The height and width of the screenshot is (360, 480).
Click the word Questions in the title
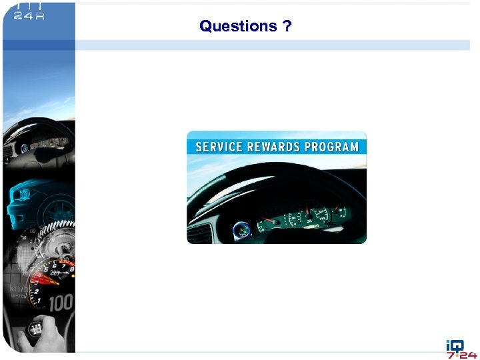pyautogui.click(x=238, y=27)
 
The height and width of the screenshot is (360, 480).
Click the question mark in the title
pyautogui.click(x=286, y=27)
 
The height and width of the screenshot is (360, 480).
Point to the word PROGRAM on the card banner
pyautogui.click(x=331, y=147)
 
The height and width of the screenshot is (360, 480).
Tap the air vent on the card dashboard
pyautogui.click(x=199, y=233)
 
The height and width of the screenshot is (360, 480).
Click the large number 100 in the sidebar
pyautogui.click(x=60, y=303)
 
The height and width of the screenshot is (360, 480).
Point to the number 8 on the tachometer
pyautogui.click(x=71, y=269)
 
